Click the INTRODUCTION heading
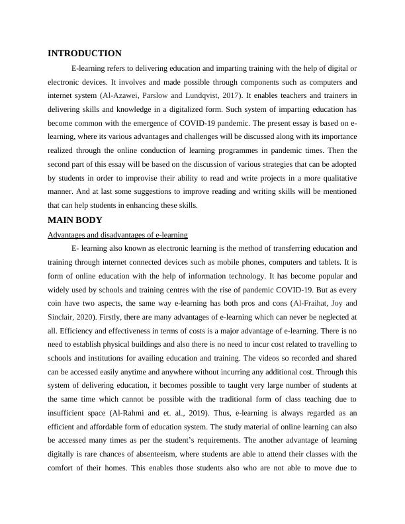(x=85, y=54)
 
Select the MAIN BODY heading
(x=75, y=220)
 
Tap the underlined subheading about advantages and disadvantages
(x=118, y=235)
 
